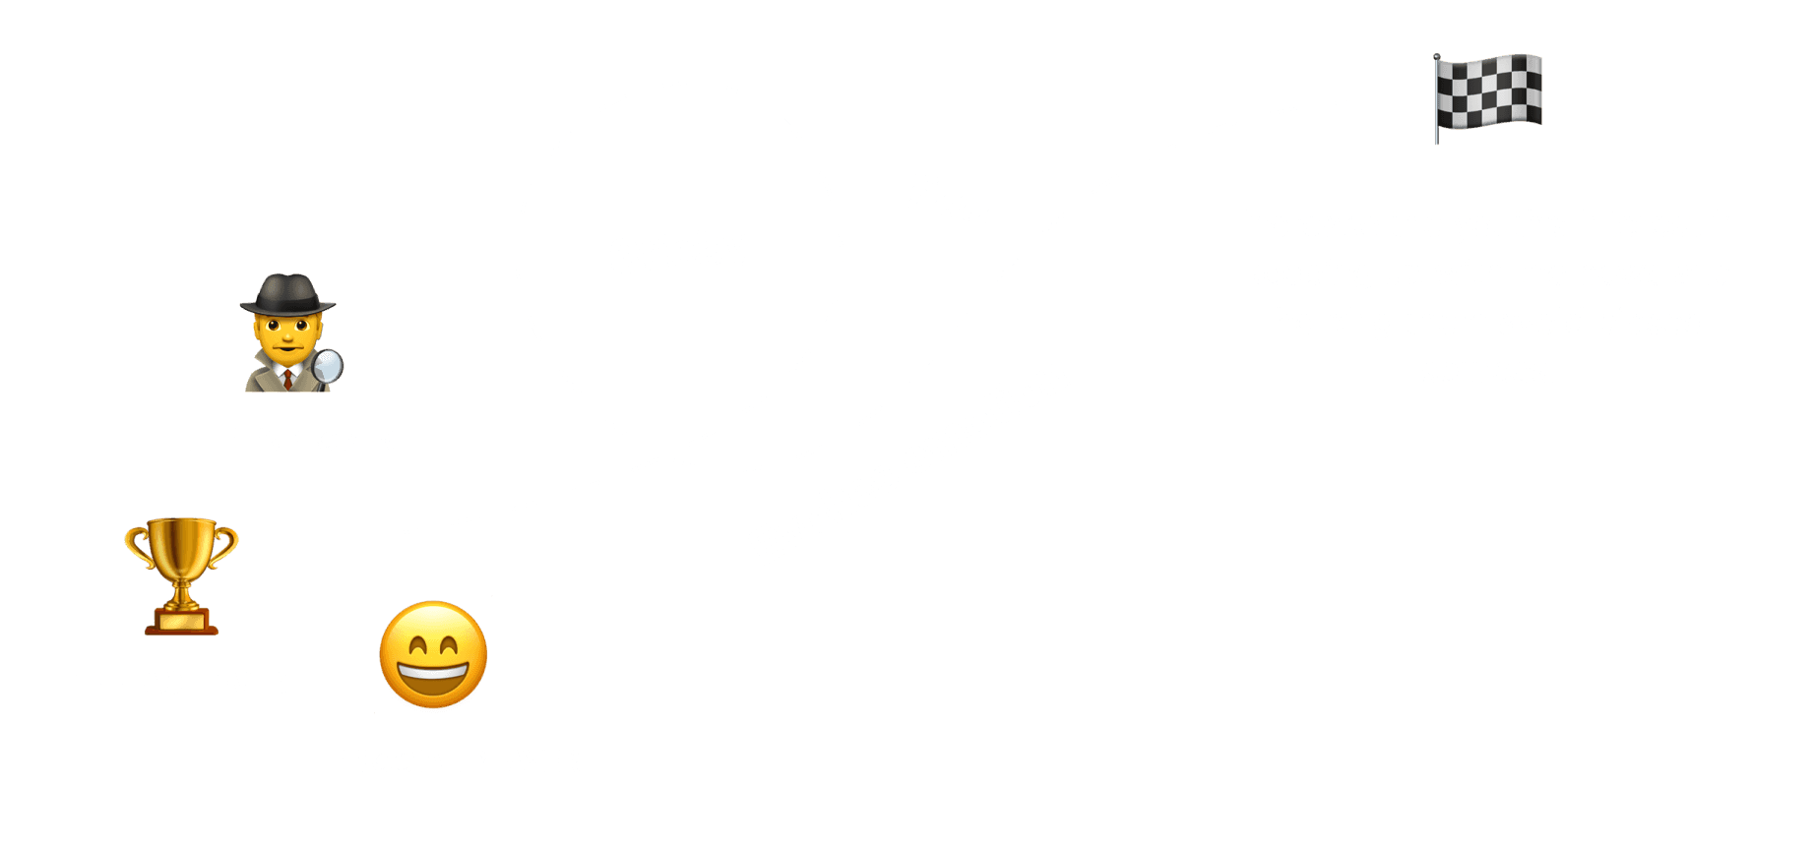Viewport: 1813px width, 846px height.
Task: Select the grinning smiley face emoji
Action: click(x=433, y=654)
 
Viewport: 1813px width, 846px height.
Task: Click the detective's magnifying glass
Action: click(x=328, y=366)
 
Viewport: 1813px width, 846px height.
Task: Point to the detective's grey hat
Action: click(x=287, y=294)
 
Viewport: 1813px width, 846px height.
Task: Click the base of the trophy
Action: click(x=181, y=623)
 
